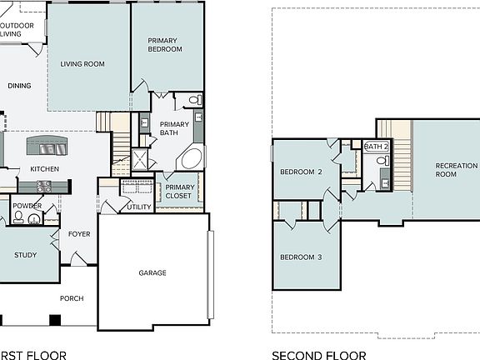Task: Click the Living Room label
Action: (82, 64)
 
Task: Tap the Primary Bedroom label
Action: (165, 45)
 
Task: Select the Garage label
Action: (152, 272)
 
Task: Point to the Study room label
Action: (26, 256)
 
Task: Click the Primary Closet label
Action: (179, 192)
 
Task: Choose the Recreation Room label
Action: (457, 170)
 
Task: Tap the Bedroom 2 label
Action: (301, 172)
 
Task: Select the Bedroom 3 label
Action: (301, 257)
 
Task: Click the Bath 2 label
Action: (377, 147)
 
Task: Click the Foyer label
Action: (80, 234)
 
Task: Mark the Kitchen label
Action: (45, 169)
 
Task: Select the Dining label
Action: (20, 85)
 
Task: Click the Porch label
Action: (72, 298)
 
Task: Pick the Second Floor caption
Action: (318, 355)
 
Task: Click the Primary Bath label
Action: (174, 128)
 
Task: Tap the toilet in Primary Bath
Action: (195, 100)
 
